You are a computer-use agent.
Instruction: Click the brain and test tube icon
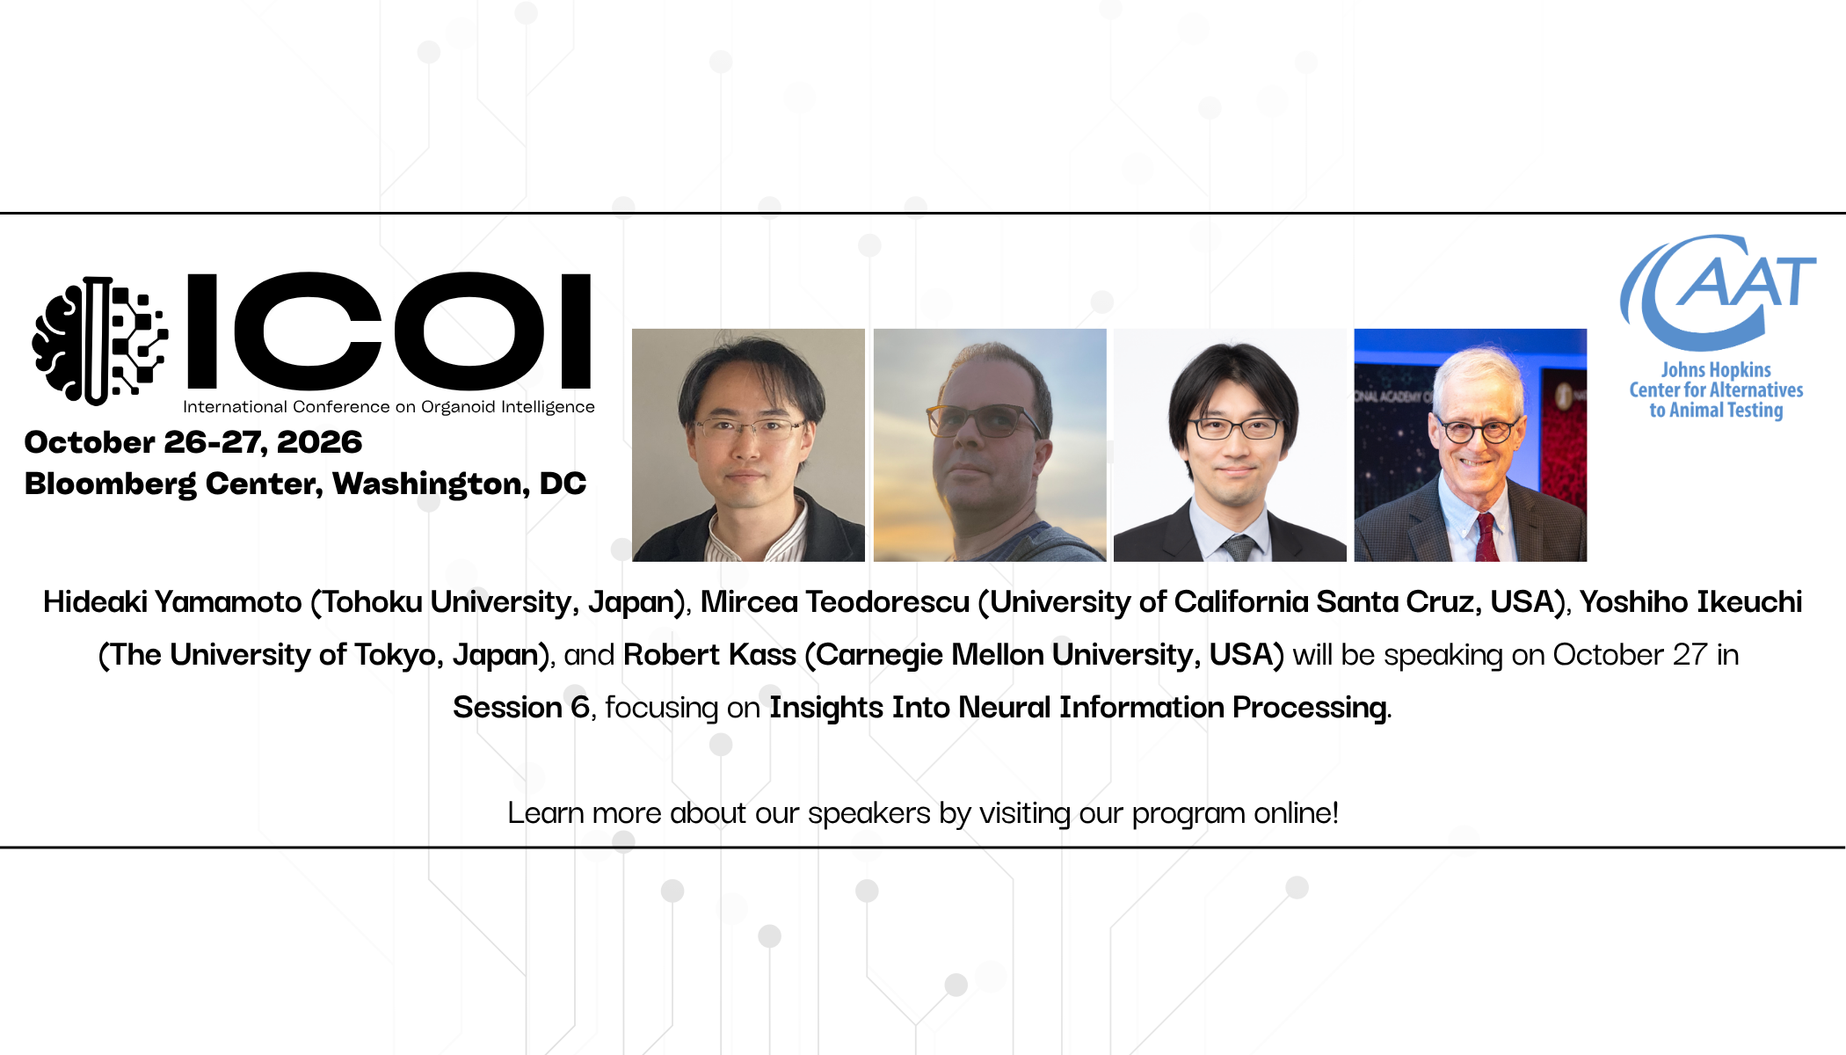99,341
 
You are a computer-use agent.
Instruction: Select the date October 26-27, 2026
193,442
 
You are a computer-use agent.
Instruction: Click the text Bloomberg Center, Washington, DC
305,484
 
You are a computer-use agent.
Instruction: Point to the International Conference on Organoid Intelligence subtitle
389,407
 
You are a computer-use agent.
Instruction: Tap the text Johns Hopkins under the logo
1716,370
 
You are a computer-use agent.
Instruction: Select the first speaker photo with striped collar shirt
748,445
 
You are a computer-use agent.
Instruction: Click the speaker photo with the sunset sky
990,445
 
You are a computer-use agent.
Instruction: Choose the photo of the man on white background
1230,445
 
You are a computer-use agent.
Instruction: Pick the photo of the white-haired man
1471,445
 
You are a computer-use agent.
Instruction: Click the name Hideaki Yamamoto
172,602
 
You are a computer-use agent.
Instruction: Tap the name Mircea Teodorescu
835,602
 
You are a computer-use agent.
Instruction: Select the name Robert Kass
709,655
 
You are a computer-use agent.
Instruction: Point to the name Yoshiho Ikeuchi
1691,602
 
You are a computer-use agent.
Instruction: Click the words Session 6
521,708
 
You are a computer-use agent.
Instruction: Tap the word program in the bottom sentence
1188,813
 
